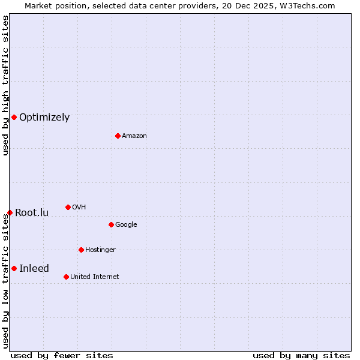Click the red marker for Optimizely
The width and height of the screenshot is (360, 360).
[x=14, y=117]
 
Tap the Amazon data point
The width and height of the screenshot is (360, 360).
[x=118, y=136]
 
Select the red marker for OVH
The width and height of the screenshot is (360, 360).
[x=68, y=207]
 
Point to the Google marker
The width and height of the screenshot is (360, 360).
[x=111, y=224]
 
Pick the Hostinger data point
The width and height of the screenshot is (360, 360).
[x=81, y=250]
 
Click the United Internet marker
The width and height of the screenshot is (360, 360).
[x=66, y=277]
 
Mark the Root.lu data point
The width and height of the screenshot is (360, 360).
[x=10, y=212]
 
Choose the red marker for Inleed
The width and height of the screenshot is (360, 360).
[x=14, y=268]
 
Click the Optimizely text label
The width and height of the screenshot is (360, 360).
[x=44, y=118]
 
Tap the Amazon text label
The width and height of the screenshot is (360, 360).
[x=134, y=136]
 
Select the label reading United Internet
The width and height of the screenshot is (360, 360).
[x=95, y=277]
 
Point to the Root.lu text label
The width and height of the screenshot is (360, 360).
[x=32, y=213]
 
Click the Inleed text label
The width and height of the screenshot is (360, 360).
[x=34, y=269]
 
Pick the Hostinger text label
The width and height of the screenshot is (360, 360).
[x=100, y=250]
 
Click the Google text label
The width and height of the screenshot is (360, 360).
[x=126, y=225]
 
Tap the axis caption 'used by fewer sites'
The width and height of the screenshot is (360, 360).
[x=62, y=355]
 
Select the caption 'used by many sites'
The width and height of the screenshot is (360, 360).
[x=301, y=355]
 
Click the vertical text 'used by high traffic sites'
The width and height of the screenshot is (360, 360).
[x=5, y=85]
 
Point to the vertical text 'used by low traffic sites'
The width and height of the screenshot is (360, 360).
[x=5, y=281]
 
